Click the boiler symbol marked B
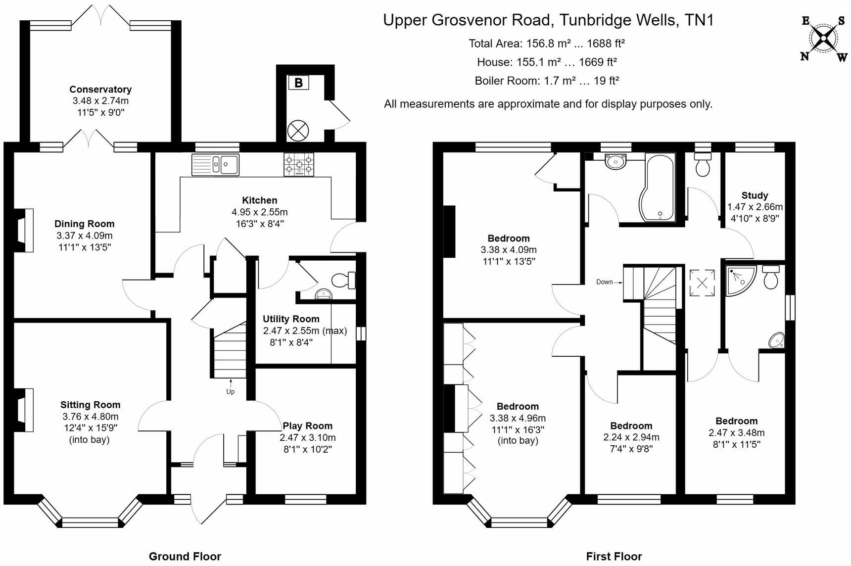click(x=298, y=83)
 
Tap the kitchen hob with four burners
click(x=299, y=164)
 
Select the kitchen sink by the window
click(x=216, y=165)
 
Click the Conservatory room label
click(x=100, y=90)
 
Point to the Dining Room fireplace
click(x=23, y=231)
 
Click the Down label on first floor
click(x=605, y=282)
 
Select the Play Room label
click(x=307, y=426)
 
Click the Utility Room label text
click(x=291, y=319)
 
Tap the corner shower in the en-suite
click(x=740, y=280)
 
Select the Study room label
click(x=755, y=195)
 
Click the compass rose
click(x=823, y=38)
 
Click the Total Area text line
click(x=547, y=44)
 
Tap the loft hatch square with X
click(x=702, y=283)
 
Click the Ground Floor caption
click(x=185, y=557)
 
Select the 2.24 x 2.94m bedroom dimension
click(x=631, y=437)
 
